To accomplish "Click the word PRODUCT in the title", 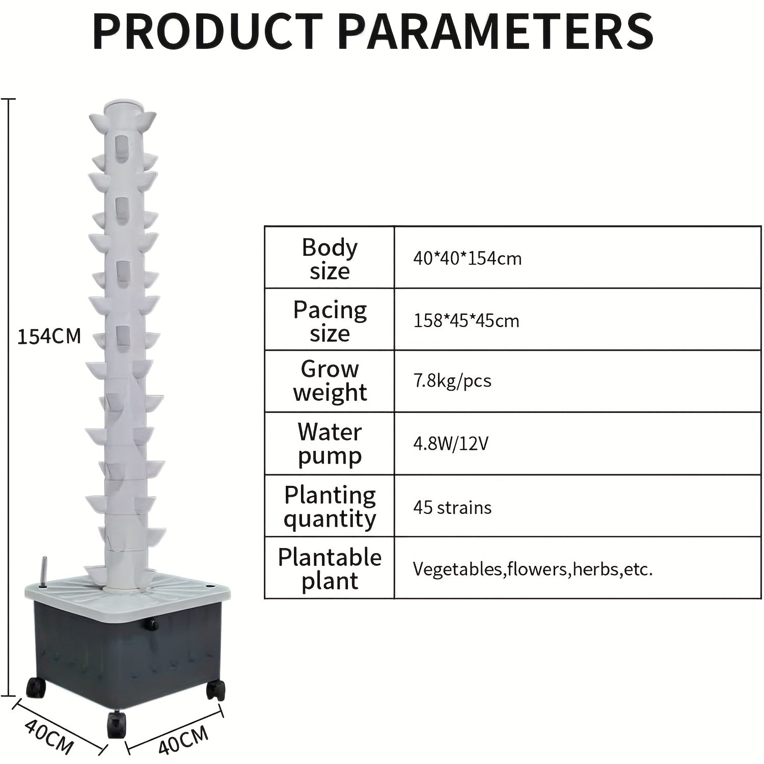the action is (x=208, y=31).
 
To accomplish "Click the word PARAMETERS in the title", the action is (x=496, y=31).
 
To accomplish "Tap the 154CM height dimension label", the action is (x=49, y=337).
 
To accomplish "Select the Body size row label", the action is (x=330, y=259).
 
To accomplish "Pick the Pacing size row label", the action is (x=330, y=321).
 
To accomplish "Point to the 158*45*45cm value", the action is (x=467, y=321).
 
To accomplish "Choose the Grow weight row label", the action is (x=330, y=381).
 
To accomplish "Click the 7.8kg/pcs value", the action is (x=452, y=381).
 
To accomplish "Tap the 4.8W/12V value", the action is (x=451, y=444).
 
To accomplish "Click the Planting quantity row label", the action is (x=330, y=507).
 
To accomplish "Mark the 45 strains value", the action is (x=452, y=507).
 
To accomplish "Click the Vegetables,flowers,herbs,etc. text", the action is (x=533, y=569).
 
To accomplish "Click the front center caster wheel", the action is (x=117, y=724).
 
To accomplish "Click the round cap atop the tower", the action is (x=123, y=107).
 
